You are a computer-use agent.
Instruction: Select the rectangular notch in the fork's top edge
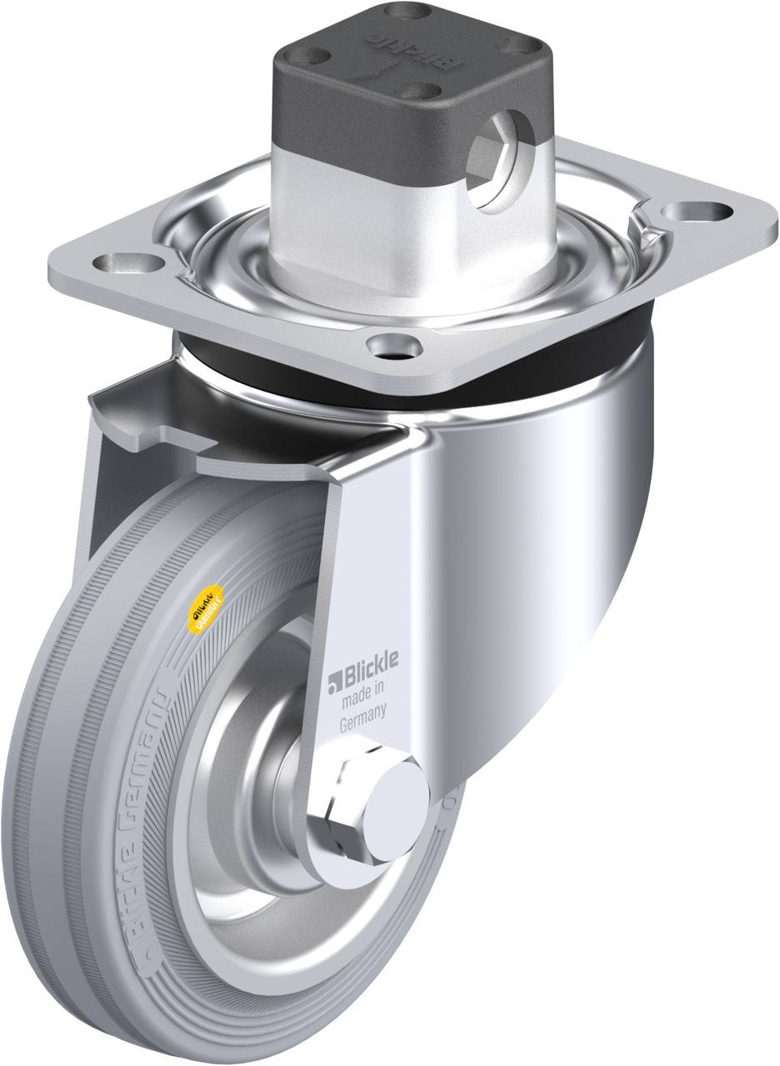179,436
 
